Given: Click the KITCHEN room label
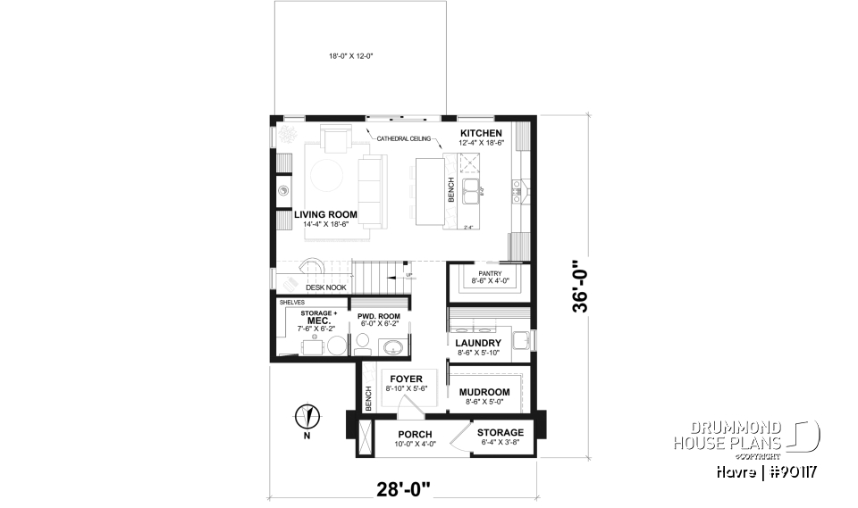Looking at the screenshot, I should tap(475, 133).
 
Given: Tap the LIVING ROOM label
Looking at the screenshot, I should tap(325, 214).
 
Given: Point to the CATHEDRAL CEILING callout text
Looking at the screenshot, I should tap(404, 139).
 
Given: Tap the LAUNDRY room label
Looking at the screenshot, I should tap(478, 343).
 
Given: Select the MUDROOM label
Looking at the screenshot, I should tap(484, 392).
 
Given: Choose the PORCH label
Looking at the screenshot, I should tap(415, 433).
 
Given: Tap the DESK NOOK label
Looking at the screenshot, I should tap(325, 287).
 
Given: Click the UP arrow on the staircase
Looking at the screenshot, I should tap(409, 275).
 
